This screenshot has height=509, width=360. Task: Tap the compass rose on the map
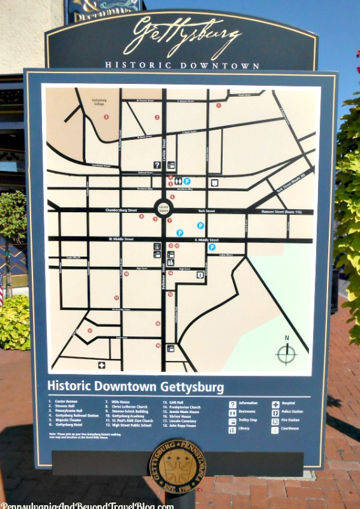pyautogui.click(x=286, y=353)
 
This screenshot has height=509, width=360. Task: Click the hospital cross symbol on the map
pyautogui.click(x=102, y=365)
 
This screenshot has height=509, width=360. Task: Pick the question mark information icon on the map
pyautogui.click(x=157, y=165)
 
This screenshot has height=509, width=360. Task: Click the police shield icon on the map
pyautogui.click(x=200, y=275)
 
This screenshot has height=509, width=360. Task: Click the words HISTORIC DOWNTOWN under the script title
pyautogui.click(x=182, y=65)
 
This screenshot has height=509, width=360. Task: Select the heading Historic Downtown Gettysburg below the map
pyautogui.click(x=135, y=387)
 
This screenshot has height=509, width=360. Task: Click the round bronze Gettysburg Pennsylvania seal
pyautogui.click(x=177, y=466)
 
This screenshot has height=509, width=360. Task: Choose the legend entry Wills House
pyautogui.click(x=121, y=402)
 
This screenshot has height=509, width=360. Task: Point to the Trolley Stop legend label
pyautogui.click(x=248, y=421)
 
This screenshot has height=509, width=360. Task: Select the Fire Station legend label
pyautogui.click(x=291, y=421)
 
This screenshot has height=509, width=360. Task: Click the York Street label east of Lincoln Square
pyautogui.click(x=206, y=211)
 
